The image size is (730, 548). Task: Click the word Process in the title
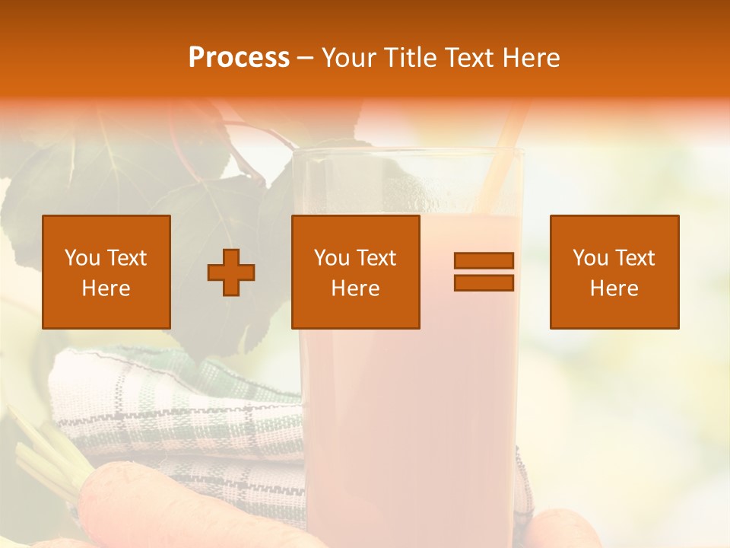pyautogui.click(x=239, y=58)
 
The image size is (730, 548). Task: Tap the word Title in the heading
pyautogui.click(x=412, y=58)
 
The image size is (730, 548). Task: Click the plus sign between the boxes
pyautogui.click(x=231, y=272)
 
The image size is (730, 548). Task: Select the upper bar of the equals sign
pyautogui.click(x=484, y=260)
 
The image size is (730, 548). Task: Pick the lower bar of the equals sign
pyautogui.click(x=484, y=283)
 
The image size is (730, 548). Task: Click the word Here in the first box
pyautogui.click(x=106, y=288)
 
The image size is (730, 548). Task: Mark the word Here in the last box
pyautogui.click(x=614, y=288)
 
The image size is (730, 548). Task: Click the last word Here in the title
pyautogui.click(x=530, y=58)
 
